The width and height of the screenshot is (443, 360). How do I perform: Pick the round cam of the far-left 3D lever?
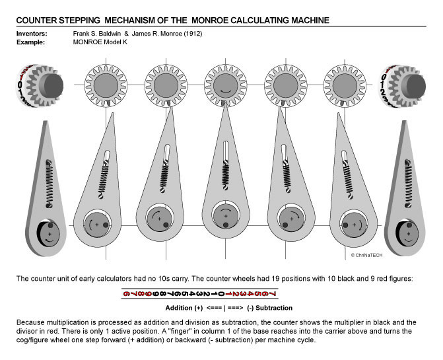[46, 231]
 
